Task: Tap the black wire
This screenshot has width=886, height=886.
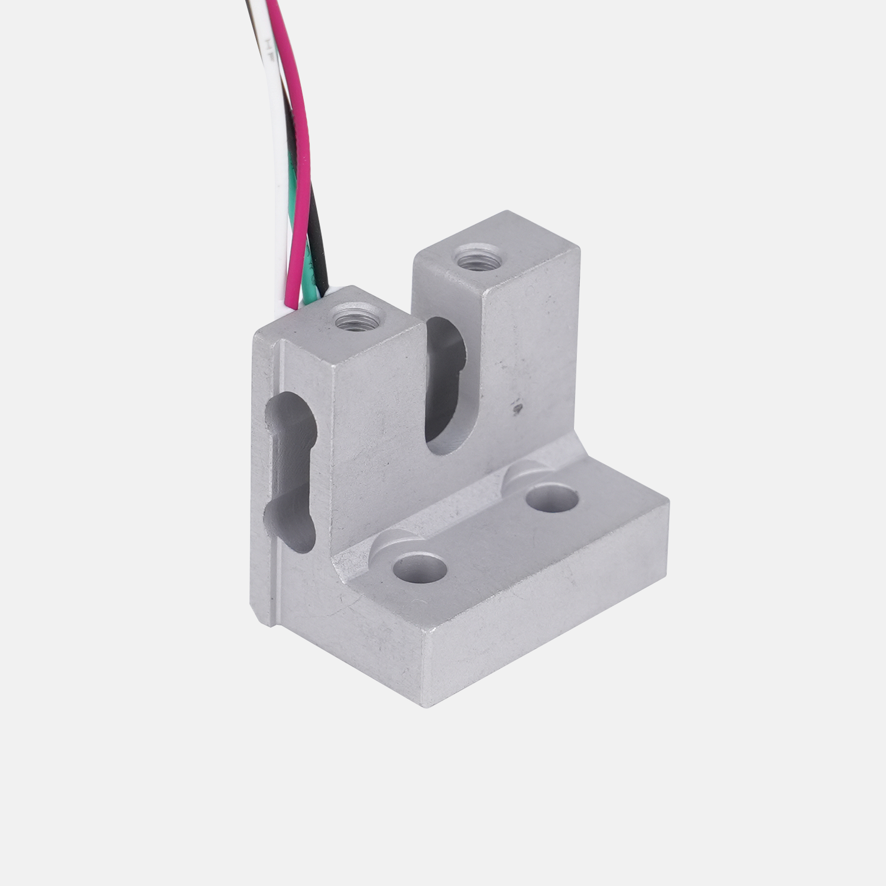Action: point(317,236)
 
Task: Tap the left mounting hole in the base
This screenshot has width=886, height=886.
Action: point(420,569)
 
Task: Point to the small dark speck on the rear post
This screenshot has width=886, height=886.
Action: point(517,407)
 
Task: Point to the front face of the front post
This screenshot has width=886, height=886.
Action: point(378,449)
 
